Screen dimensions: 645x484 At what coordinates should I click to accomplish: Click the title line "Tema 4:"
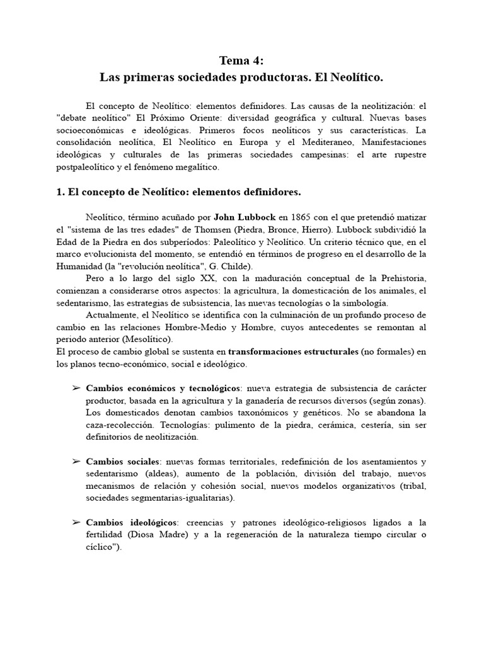(242, 60)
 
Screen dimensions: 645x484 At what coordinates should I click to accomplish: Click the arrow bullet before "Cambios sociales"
(76, 461)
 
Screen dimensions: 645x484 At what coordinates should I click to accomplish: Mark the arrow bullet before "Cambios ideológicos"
(76, 523)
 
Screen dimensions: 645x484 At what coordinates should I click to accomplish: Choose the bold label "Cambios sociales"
(122, 461)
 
